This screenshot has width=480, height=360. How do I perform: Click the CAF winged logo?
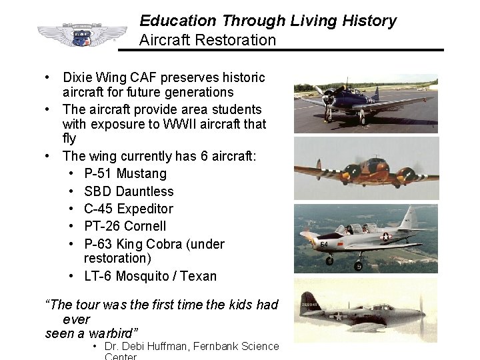click(82, 35)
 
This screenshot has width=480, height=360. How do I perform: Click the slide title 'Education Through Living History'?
click(267, 21)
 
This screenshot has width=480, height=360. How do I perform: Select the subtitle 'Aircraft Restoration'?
click(207, 40)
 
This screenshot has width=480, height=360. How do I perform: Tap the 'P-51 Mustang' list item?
click(125, 174)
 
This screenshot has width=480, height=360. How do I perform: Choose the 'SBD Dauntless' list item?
click(129, 191)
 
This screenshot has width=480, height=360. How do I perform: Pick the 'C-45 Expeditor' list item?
click(129, 209)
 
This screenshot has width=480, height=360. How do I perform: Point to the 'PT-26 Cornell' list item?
click(125, 226)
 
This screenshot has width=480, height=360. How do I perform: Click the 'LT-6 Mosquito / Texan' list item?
click(150, 275)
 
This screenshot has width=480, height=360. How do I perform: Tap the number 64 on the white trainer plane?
click(324, 245)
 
